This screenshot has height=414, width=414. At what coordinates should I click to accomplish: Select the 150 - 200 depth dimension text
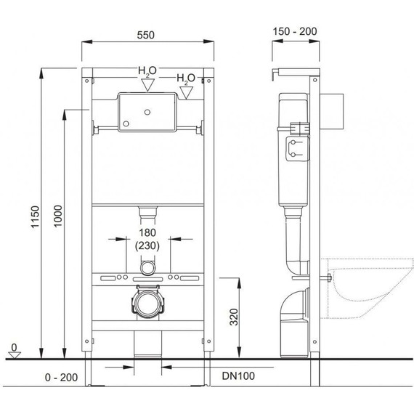point(294,33)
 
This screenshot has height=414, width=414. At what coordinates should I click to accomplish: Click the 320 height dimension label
point(232,317)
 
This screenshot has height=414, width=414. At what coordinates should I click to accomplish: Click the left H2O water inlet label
point(147,71)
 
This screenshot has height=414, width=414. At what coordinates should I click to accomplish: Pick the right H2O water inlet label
point(185,78)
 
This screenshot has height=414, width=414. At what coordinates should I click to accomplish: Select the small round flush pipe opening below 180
point(147,268)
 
